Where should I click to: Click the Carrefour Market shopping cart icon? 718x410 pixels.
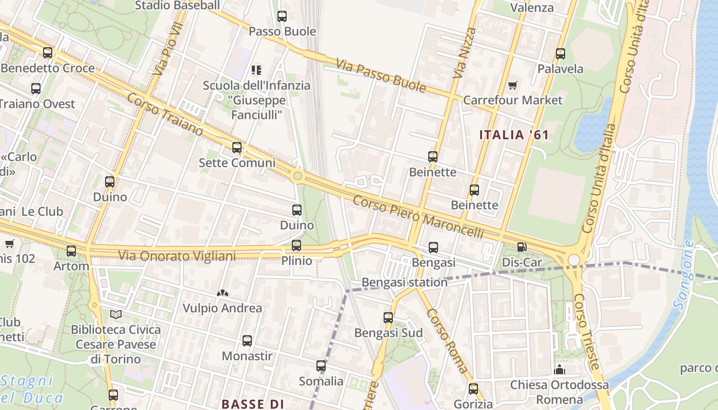[x=512, y=85]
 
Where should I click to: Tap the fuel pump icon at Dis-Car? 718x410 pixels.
[x=522, y=247]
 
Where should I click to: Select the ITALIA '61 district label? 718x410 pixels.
[x=514, y=135]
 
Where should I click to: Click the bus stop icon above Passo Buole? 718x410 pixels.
[x=282, y=16]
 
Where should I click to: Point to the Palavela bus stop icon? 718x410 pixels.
[x=560, y=54]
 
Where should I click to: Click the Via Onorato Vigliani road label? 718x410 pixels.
[x=177, y=255]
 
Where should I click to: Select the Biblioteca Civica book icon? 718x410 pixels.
[x=116, y=314]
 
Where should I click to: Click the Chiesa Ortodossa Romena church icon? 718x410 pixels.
[x=560, y=370]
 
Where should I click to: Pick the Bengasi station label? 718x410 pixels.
[x=404, y=282]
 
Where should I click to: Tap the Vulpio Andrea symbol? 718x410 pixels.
[x=222, y=294]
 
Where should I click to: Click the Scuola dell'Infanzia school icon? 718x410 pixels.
[x=256, y=70]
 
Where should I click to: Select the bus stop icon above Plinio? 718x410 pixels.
[x=296, y=245]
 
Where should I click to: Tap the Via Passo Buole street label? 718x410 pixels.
[x=381, y=76]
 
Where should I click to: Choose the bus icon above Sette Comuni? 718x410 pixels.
[x=236, y=148]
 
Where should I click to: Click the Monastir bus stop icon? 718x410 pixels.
[x=247, y=341]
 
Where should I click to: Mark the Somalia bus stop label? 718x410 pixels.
[x=321, y=381]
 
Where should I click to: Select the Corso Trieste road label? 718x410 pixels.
[x=586, y=331]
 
